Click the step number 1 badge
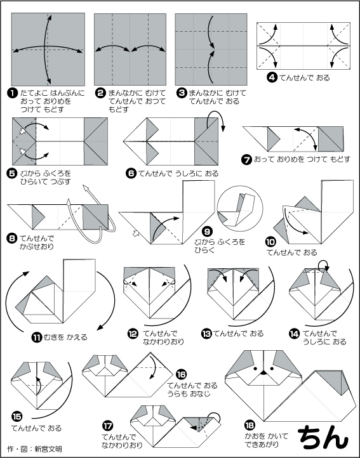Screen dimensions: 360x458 tap(11, 93)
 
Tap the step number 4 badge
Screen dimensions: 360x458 tap(272, 77)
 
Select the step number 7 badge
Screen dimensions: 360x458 tap(247, 159)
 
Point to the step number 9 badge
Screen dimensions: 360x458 tap(207, 232)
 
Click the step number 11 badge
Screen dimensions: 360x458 tap(37, 337)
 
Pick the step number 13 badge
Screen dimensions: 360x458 tap(206, 333)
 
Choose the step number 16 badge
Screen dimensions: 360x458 tap(182, 374)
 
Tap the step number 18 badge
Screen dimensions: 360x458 tap(250, 425)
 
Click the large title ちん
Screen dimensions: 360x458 tap(324, 436)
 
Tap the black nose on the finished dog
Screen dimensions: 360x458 tap(263, 373)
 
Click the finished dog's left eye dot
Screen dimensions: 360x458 tap(255, 369)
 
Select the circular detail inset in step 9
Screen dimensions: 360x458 tap(240, 208)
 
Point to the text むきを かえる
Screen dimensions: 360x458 tap(65, 337)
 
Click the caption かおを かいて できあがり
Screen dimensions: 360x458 tap(267, 440)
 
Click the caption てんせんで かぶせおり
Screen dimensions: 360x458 tap(37, 242)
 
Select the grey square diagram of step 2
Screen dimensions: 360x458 tap(130, 49)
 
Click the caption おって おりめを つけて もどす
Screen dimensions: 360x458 tap(302, 159)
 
